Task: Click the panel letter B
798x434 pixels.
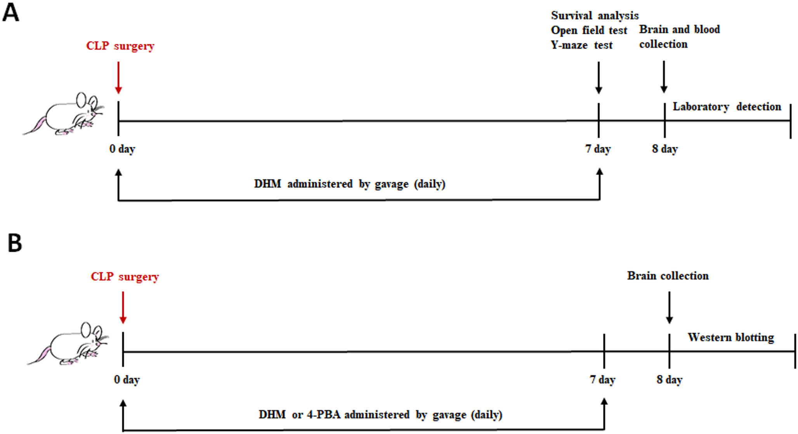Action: [15, 243]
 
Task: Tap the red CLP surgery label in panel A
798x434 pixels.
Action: [120, 46]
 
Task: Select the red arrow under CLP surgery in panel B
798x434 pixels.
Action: [123, 307]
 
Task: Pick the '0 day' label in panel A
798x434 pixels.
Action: [122, 149]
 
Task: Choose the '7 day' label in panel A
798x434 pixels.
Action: [598, 149]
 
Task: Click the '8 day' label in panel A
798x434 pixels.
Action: [665, 149]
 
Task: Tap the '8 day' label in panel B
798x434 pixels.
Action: [670, 380]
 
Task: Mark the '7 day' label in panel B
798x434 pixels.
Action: [603, 380]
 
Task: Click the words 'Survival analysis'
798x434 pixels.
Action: [595, 16]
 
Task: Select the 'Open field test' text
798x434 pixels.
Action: [589, 30]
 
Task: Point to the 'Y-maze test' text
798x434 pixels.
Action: [581, 45]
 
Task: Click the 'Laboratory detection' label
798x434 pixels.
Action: [727, 107]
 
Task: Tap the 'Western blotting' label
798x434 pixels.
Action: [731, 337]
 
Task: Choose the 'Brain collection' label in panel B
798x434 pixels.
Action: [668, 276]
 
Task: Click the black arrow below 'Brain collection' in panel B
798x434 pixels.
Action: [669, 307]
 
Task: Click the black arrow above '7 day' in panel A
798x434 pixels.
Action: [598, 78]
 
